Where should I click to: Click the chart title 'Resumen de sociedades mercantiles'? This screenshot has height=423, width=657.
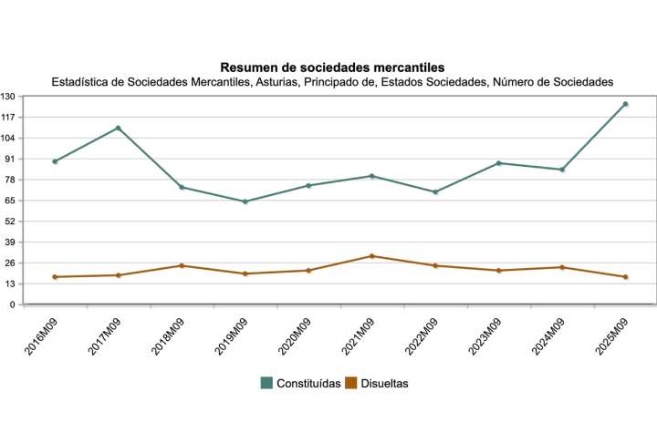(x=332, y=67)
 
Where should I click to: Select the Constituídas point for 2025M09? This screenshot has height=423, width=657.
(x=625, y=104)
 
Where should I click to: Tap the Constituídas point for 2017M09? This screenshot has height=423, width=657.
(x=119, y=128)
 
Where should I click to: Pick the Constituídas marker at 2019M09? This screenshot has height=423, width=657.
(x=245, y=201)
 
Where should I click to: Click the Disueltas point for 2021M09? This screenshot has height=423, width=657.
(x=371, y=256)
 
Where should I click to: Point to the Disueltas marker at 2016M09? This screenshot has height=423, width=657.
(x=56, y=277)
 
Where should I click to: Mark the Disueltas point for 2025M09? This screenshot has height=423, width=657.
(x=625, y=277)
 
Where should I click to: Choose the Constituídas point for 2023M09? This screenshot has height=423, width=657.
(x=498, y=163)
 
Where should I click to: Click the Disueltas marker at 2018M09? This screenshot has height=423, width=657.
(x=182, y=265)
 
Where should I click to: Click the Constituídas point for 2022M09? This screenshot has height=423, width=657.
(x=435, y=191)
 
